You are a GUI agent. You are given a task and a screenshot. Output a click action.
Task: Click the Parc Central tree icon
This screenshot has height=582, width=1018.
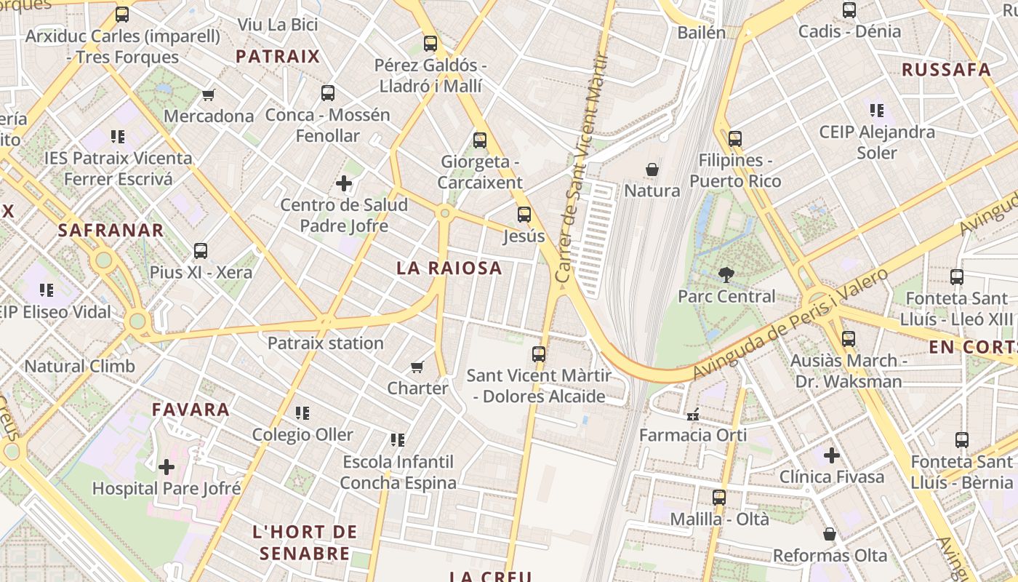(726, 274)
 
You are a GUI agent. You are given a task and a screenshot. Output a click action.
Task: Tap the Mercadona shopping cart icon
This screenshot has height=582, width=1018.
(209, 95)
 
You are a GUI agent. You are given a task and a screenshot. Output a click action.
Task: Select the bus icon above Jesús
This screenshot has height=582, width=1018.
(524, 215)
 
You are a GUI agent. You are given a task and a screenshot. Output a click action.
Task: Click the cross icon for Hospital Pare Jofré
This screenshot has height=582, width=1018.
(167, 466)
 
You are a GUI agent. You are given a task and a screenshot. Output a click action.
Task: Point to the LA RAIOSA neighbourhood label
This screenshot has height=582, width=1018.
(449, 268)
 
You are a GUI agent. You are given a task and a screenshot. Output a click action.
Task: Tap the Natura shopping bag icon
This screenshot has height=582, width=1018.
(652, 170)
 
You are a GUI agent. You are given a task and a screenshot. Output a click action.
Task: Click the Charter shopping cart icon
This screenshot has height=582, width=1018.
(417, 367)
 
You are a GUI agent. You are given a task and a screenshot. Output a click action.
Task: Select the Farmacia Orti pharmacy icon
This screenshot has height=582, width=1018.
(693, 415)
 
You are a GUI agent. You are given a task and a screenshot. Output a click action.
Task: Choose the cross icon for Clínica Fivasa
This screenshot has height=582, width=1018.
(832, 456)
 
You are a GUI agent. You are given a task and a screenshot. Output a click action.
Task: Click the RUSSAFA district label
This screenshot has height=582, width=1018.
(946, 70)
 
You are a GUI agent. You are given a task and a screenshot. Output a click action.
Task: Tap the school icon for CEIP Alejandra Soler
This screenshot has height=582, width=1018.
(876, 111)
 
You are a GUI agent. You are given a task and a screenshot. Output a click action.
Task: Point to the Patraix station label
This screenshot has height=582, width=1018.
(325, 343)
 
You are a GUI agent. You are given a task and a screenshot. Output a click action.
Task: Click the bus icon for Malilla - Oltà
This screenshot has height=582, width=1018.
(719, 498)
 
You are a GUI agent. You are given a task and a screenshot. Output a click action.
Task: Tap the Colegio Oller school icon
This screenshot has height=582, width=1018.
(302, 413)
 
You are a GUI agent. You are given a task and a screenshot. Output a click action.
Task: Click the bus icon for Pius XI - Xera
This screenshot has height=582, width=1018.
(201, 251)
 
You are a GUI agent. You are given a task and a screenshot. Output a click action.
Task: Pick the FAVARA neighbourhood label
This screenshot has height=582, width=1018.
(191, 410)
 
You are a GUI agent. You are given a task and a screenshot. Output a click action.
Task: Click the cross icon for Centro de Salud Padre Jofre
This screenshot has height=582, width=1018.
(344, 183)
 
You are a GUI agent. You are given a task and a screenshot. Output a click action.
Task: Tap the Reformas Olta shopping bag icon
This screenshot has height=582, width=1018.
(830, 535)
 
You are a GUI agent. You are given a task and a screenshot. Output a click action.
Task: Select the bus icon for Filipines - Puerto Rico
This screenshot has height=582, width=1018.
(735, 138)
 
